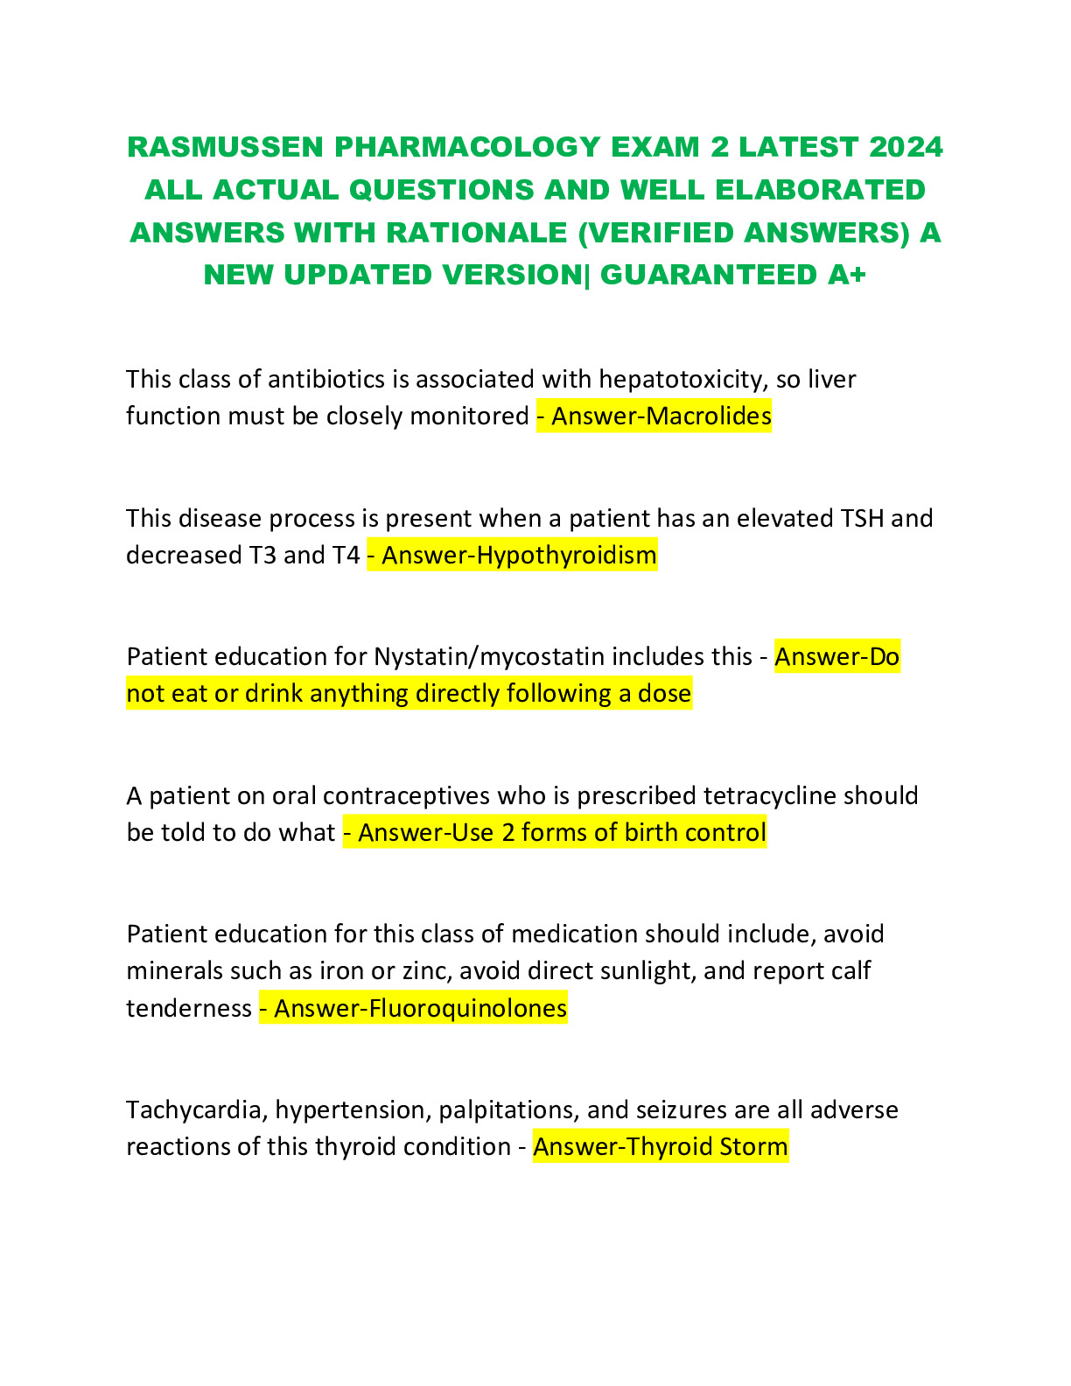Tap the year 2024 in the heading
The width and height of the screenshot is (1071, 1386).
(906, 147)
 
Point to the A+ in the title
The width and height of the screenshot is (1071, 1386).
(846, 275)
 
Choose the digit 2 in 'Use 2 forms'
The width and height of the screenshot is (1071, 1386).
(508, 832)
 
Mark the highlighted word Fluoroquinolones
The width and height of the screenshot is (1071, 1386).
(468, 1008)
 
